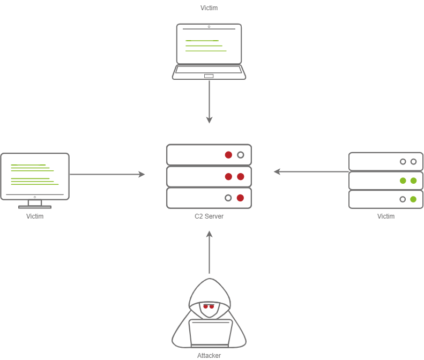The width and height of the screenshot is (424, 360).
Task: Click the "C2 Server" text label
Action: tap(209, 216)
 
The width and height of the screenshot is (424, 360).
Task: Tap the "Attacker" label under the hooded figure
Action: tap(209, 355)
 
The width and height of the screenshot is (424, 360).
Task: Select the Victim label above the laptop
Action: tap(209, 8)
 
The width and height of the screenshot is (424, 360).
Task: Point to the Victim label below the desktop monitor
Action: tap(35, 216)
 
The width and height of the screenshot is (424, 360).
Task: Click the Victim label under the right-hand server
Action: tap(386, 216)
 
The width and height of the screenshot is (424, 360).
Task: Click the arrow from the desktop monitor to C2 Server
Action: tap(107, 174)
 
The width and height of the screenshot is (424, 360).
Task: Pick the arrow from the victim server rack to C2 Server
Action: tap(311, 172)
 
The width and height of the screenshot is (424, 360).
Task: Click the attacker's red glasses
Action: tap(209, 306)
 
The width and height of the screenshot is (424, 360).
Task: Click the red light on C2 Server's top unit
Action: tap(228, 155)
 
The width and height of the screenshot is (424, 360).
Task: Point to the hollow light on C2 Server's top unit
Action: tap(241, 155)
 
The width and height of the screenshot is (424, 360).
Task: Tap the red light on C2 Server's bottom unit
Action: tap(240, 198)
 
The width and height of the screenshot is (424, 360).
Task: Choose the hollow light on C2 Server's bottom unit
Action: tap(228, 198)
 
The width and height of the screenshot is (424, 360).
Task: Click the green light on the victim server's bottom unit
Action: tap(413, 199)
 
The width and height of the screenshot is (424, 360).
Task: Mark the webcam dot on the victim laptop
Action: tap(209, 26)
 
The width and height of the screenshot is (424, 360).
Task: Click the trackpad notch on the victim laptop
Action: tap(209, 76)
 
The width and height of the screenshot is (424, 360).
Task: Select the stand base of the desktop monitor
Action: tap(35, 206)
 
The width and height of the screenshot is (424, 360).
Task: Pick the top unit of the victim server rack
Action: tap(386, 161)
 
